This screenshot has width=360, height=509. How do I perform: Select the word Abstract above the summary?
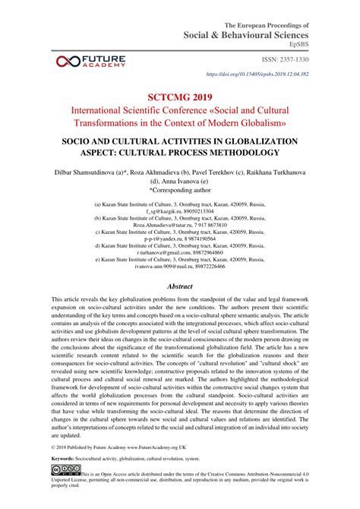click(180, 265)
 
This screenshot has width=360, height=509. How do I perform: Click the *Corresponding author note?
click(180, 191)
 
